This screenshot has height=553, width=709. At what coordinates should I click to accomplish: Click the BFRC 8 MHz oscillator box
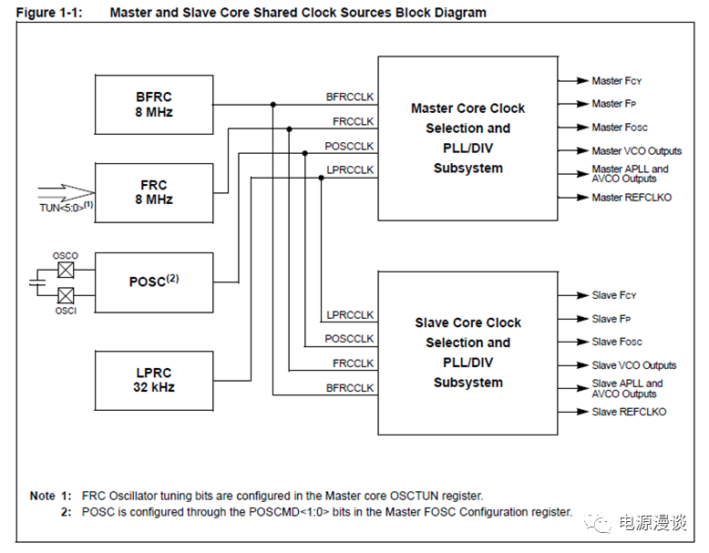[x=153, y=104]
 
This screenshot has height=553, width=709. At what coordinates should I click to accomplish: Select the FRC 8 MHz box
[x=153, y=192]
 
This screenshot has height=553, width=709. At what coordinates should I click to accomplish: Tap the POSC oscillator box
[x=153, y=282]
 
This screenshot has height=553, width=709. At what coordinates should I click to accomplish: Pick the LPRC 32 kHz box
[x=153, y=379]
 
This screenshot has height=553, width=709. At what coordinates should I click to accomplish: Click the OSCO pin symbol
[x=65, y=270]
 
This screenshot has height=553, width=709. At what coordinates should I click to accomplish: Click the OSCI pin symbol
[x=65, y=295]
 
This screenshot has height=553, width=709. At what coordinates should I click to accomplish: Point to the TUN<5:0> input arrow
[x=66, y=192]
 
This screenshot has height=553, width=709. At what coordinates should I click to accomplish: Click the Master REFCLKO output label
[x=631, y=197]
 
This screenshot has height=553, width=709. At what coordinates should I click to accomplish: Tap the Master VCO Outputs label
[x=636, y=150]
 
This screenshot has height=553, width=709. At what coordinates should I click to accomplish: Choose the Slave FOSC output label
[x=617, y=342]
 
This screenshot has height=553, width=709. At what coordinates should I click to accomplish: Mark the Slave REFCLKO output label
[x=629, y=412]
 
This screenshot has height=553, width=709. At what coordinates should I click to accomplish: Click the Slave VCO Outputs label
[x=634, y=365]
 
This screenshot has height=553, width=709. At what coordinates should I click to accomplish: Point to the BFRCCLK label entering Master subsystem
[x=350, y=97]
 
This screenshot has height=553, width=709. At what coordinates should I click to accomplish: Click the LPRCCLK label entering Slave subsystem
[x=350, y=315]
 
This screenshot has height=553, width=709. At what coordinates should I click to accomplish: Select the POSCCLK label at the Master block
[x=350, y=146]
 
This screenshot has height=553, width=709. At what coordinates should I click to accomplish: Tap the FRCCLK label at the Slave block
[x=353, y=364]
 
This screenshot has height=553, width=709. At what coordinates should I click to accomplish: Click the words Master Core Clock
[x=468, y=108]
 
